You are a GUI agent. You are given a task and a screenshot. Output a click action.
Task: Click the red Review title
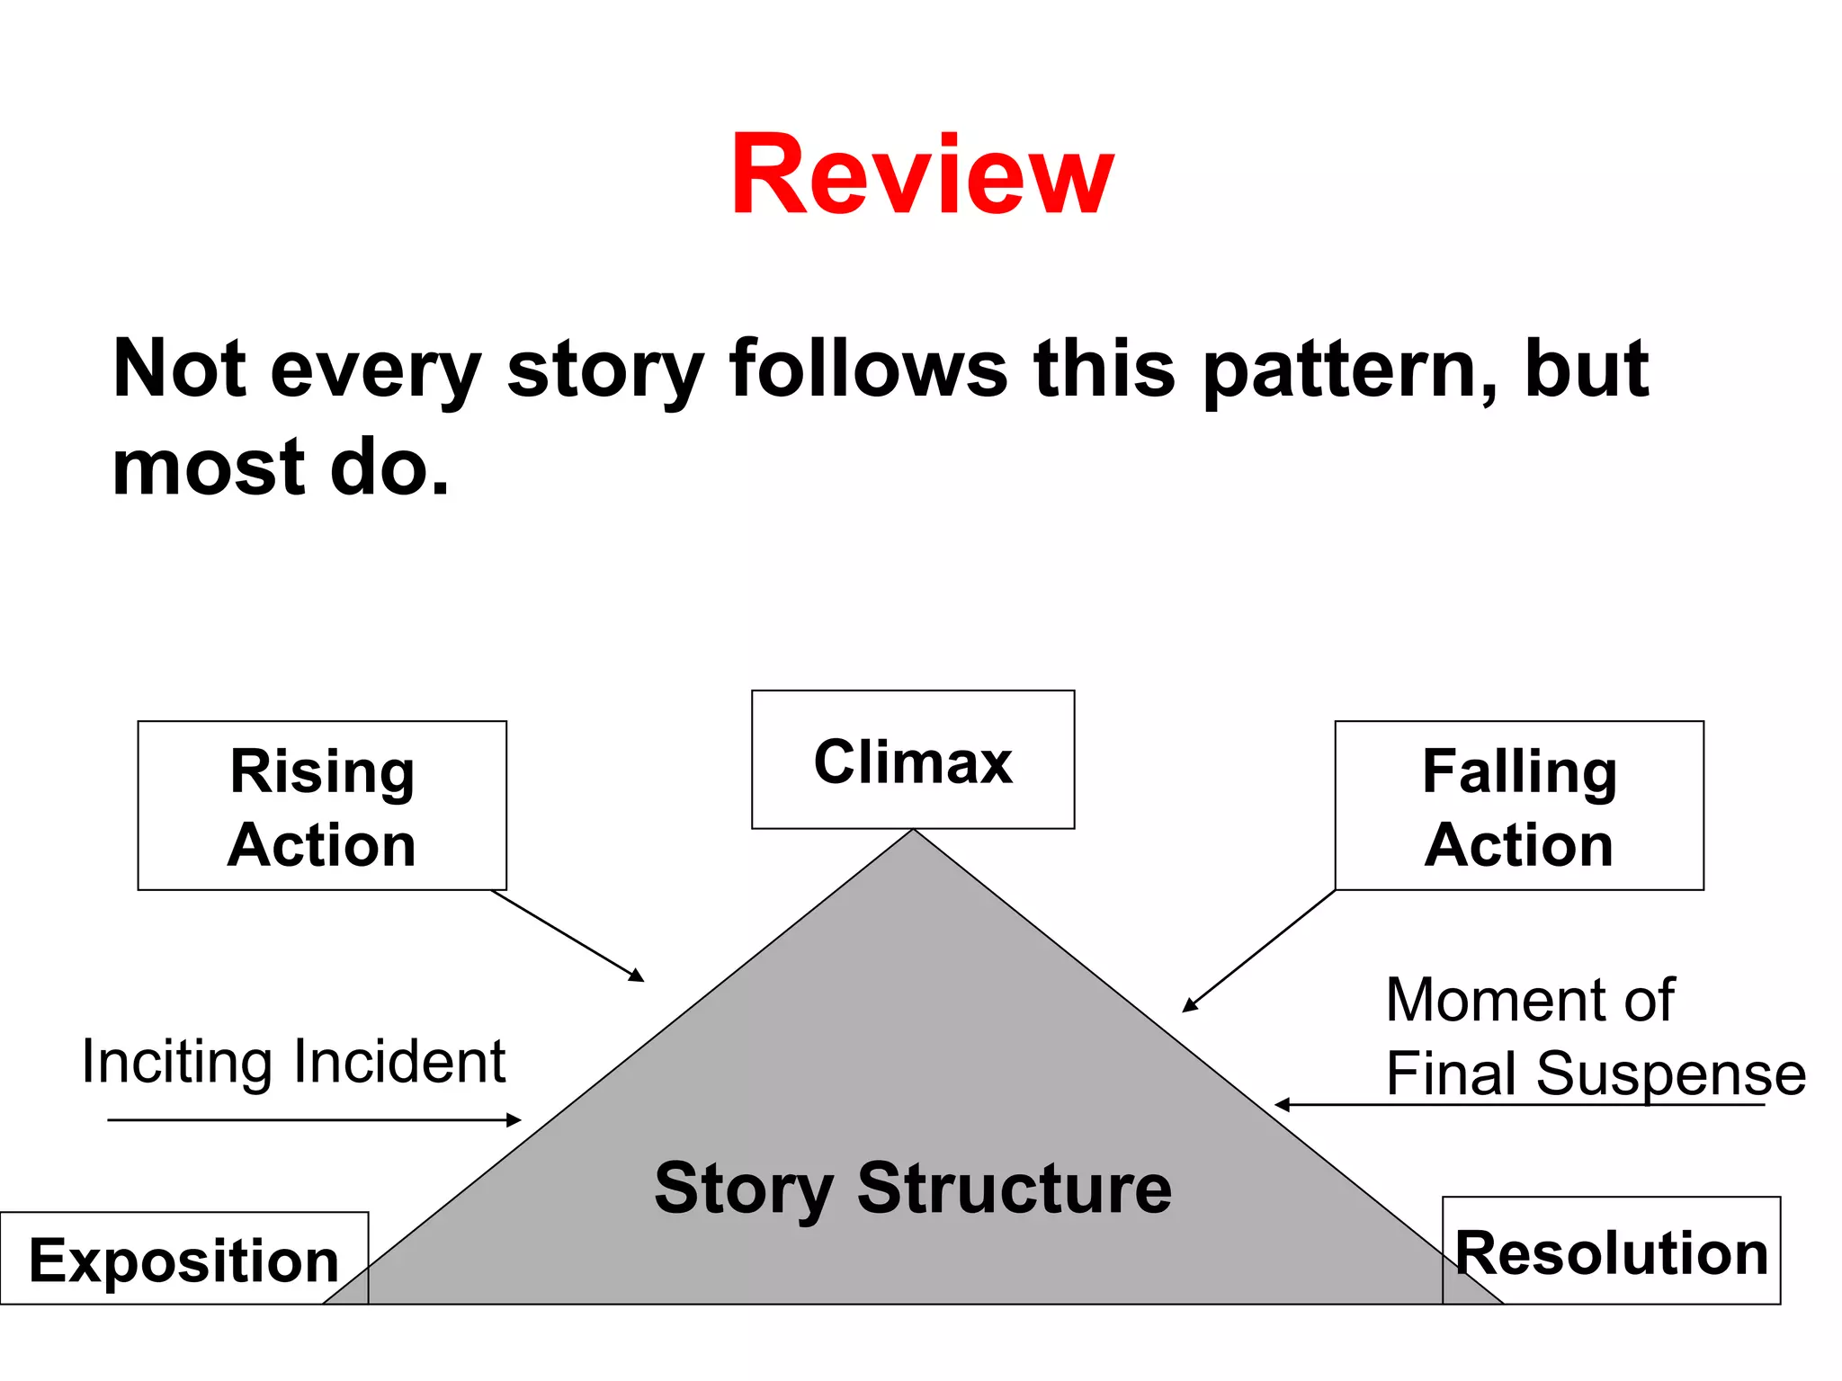coord(922,175)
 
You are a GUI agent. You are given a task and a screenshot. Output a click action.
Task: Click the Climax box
coord(913,761)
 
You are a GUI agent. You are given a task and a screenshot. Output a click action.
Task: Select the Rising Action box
coord(322,806)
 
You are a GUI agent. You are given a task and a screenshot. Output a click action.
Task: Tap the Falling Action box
coord(1519,806)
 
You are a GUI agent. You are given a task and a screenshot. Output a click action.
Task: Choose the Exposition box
coord(183,1260)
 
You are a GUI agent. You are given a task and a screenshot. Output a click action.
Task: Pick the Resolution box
coord(1611,1252)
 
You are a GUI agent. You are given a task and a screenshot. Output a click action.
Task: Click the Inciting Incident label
coord(293,1062)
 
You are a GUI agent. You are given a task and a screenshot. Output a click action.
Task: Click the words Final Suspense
coord(1596,1073)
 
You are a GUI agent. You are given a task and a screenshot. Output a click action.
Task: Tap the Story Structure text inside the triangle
coord(913,1188)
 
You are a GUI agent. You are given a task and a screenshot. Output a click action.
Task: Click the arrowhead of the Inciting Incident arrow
coord(515,1120)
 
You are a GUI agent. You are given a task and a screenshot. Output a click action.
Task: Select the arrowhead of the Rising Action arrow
coord(638,976)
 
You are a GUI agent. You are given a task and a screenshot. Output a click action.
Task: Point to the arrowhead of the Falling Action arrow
coord(1189,1006)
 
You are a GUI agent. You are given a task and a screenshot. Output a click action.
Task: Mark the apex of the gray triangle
coord(913,832)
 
